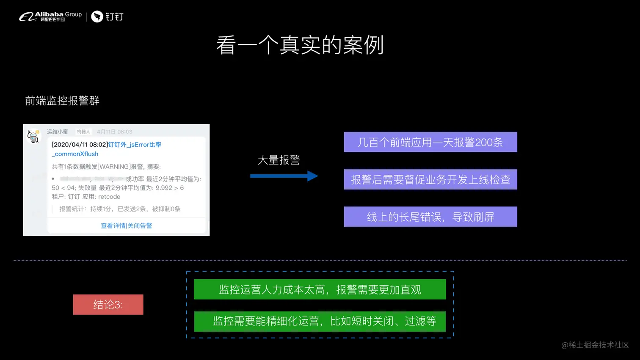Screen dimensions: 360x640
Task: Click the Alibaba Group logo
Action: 50,16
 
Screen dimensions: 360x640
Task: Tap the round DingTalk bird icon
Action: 97,16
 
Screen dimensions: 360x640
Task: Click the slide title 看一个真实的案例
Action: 300,45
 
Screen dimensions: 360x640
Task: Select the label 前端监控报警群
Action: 62,101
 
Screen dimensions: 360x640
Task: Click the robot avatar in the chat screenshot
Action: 33,136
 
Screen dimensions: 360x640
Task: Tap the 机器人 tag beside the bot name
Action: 83,132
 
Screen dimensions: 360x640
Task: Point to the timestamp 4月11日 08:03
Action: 114,132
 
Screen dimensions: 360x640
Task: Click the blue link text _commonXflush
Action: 75,154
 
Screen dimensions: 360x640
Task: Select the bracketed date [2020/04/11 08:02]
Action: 80,145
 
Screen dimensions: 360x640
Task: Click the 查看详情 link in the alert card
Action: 113,225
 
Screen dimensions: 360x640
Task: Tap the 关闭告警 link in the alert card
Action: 140,225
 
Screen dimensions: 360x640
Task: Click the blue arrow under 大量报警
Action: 284,176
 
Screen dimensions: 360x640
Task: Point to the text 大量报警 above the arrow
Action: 279,160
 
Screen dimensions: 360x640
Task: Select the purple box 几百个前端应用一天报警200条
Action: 430,142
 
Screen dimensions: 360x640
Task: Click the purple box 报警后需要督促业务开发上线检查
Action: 430,179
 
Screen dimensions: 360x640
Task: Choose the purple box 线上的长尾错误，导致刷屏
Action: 430,217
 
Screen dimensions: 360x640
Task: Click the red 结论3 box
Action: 108,305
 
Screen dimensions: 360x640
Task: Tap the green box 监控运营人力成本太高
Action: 320,289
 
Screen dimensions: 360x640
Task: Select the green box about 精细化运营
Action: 320,321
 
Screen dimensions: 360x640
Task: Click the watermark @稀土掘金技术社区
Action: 595,345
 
